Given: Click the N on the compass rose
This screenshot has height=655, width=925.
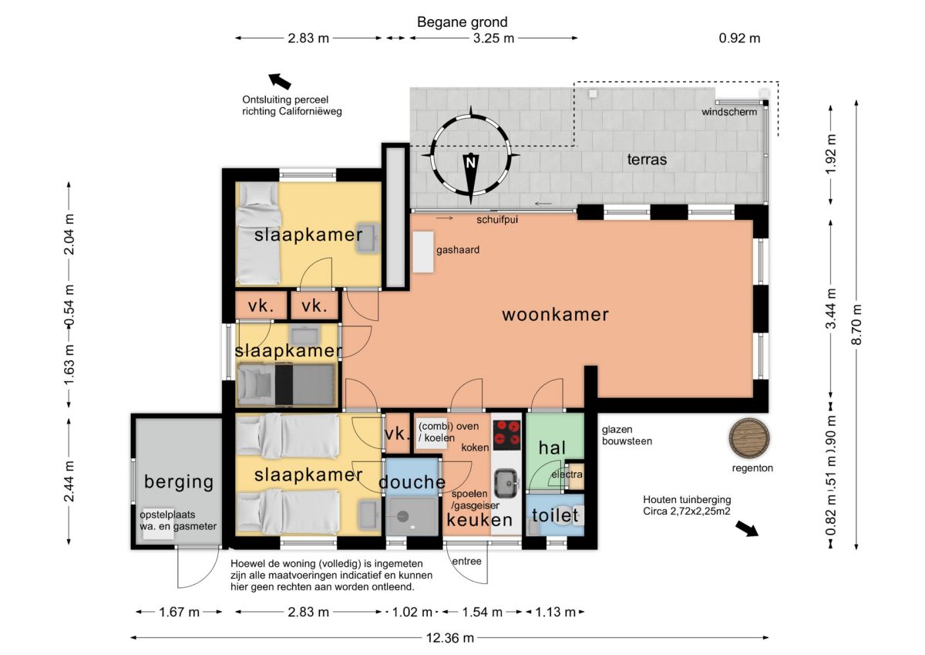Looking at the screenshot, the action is pyautogui.click(x=470, y=163).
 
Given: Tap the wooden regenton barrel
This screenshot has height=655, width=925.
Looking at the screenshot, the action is pyautogui.click(x=749, y=438).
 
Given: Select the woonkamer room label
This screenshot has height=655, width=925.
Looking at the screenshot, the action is pyautogui.click(x=556, y=315).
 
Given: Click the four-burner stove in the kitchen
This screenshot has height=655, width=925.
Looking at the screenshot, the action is pyautogui.click(x=506, y=435).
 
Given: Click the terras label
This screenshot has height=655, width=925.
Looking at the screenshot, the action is pyautogui.click(x=647, y=160).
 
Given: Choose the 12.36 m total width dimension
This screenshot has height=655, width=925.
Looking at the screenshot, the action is pyautogui.click(x=449, y=638).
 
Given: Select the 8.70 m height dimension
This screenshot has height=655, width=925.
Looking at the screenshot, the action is pyautogui.click(x=857, y=325).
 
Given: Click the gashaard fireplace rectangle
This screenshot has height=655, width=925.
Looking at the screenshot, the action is pyautogui.click(x=423, y=252).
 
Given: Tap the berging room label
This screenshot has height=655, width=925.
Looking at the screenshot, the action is pyautogui.click(x=179, y=482).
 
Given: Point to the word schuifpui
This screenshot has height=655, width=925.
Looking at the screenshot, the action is pyautogui.click(x=497, y=219).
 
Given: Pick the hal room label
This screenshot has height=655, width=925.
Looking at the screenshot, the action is pyautogui.click(x=552, y=448).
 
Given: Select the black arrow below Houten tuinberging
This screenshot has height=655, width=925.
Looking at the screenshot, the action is pyautogui.click(x=747, y=528).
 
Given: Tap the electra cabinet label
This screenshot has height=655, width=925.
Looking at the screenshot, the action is pyautogui.click(x=567, y=474).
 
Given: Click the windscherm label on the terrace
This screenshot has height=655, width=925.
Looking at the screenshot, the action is pyautogui.click(x=729, y=112).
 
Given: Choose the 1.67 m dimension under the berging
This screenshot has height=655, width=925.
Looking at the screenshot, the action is pyautogui.click(x=179, y=612).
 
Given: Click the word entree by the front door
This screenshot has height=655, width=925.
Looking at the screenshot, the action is pyautogui.click(x=466, y=561).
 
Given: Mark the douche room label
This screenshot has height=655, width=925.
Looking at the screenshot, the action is pyautogui.click(x=412, y=482).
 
